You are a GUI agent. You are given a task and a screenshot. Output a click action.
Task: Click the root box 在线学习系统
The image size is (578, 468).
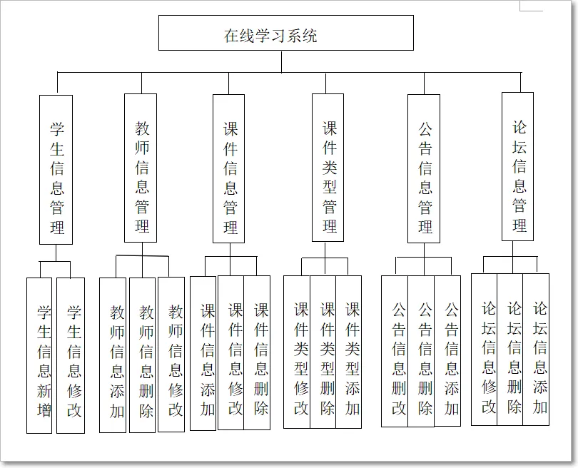(285, 34)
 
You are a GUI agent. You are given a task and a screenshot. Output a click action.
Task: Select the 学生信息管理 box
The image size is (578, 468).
(56, 170)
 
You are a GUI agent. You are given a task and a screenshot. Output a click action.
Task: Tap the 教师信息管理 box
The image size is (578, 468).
(141, 168)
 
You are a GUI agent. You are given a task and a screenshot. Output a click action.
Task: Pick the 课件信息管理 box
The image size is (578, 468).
(229, 169)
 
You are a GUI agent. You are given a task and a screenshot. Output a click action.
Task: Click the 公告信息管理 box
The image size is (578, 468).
(424, 169)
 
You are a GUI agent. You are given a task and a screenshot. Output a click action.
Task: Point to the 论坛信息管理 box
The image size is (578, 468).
(517, 167)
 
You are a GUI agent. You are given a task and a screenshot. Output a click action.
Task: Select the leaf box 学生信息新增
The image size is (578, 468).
(40, 355)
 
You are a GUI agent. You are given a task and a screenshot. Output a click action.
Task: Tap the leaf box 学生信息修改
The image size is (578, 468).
(71, 355)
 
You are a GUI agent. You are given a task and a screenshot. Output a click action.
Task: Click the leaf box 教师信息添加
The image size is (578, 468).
(113, 355)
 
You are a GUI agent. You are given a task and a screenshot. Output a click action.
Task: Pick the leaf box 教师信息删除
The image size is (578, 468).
(143, 355)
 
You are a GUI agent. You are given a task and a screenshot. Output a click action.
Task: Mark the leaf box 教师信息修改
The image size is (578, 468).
(171, 354)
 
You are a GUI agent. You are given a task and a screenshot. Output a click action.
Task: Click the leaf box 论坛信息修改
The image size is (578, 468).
(485, 350)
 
